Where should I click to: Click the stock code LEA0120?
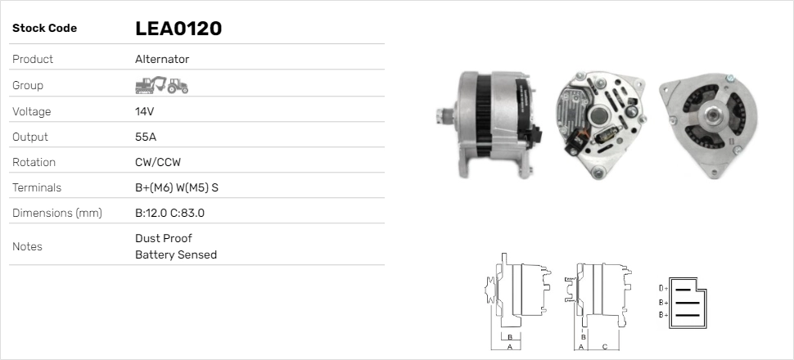(x=178, y=29)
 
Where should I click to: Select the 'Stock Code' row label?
(x=44, y=29)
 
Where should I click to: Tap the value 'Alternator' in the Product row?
(x=162, y=59)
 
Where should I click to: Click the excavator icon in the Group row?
(x=150, y=85)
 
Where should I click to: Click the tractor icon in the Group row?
(x=178, y=86)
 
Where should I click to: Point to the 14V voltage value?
(x=145, y=111)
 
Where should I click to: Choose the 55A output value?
(x=146, y=137)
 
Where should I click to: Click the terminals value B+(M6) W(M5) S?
(x=176, y=187)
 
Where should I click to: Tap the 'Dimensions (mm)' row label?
(x=56, y=213)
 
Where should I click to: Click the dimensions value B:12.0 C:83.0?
(x=169, y=213)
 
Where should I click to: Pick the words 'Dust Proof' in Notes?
(x=163, y=238)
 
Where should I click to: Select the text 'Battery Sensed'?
(x=175, y=254)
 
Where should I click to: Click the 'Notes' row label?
(x=27, y=246)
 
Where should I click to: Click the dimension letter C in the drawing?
(x=604, y=346)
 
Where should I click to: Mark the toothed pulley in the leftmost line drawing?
(x=491, y=292)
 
